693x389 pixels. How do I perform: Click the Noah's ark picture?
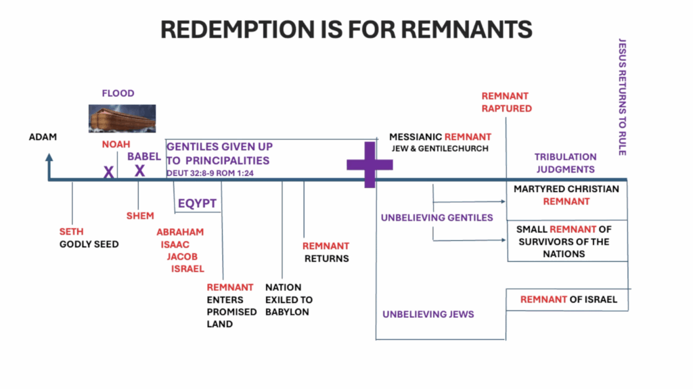pyautogui.click(x=122, y=118)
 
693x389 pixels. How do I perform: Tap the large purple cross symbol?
pyautogui.click(x=370, y=164)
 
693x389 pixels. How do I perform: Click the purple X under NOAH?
pyautogui.click(x=108, y=173)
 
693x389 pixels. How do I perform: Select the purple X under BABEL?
pyautogui.click(x=139, y=170)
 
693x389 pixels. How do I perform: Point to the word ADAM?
pyautogui.click(x=43, y=137)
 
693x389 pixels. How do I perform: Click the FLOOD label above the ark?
pyautogui.click(x=118, y=93)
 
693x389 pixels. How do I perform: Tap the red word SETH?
pyautogui.click(x=71, y=232)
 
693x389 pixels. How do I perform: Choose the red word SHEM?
pyautogui.click(x=140, y=216)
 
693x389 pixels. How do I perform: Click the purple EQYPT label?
pyautogui.click(x=197, y=202)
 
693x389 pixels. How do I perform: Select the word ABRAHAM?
pyautogui.click(x=180, y=232)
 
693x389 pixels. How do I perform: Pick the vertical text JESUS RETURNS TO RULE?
pyautogui.click(x=622, y=97)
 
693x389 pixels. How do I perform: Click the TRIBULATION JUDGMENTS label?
pyautogui.click(x=565, y=163)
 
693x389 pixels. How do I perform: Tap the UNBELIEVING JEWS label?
pyautogui.click(x=428, y=314)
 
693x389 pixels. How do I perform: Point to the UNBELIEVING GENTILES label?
pyautogui.click(x=437, y=217)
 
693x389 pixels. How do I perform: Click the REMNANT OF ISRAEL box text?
pyautogui.click(x=568, y=299)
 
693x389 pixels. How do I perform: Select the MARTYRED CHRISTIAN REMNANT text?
pyautogui.click(x=566, y=195)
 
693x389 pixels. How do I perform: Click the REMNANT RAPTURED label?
pyautogui.click(x=506, y=102)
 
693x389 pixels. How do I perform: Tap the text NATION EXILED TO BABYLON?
pyautogui.click(x=289, y=299)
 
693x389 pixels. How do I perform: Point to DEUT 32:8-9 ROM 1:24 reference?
pyautogui.click(x=214, y=173)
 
